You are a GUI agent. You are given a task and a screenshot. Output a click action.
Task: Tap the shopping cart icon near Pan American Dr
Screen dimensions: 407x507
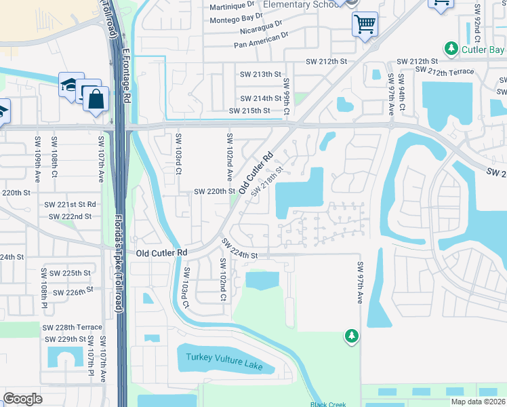(x=365, y=25)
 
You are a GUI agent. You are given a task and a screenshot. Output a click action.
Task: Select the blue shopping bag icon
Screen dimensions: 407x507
(x=96, y=99)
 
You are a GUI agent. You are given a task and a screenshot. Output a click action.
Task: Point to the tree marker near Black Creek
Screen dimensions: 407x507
(x=351, y=335)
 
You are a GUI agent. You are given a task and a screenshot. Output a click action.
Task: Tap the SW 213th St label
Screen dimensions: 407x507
(x=261, y=74)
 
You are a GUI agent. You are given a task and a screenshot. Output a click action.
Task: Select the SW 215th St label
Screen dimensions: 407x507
(x=249, y=111)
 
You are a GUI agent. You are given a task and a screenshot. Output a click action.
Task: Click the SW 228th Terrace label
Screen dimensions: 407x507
(x=72, y=327)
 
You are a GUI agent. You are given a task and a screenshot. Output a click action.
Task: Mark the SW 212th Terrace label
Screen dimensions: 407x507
(x=444, y=71)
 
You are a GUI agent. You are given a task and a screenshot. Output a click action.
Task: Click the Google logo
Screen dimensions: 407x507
(x=23, y=399)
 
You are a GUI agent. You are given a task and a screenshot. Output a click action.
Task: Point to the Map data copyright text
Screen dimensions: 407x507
(x=478, y=402)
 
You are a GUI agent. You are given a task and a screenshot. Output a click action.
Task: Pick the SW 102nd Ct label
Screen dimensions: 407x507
(x=222, y=279)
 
